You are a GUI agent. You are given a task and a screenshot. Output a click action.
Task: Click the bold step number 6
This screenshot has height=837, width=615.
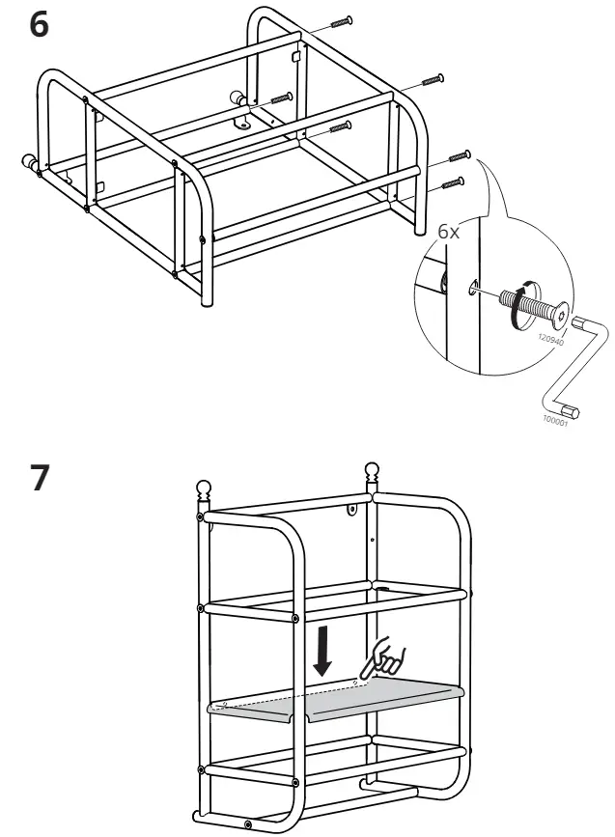click(39, 25)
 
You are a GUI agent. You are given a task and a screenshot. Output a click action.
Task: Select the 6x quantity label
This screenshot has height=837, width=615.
click(450, 233)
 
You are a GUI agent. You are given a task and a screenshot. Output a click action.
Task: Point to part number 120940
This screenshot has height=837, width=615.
click(551, 334)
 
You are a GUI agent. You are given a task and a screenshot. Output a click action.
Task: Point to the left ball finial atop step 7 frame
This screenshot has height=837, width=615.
click(205, 488)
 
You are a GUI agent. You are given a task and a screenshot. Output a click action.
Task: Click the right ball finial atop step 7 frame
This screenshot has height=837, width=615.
click(371, 472)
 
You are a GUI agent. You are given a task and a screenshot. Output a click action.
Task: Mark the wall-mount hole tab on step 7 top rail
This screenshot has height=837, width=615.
click(352, 506)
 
